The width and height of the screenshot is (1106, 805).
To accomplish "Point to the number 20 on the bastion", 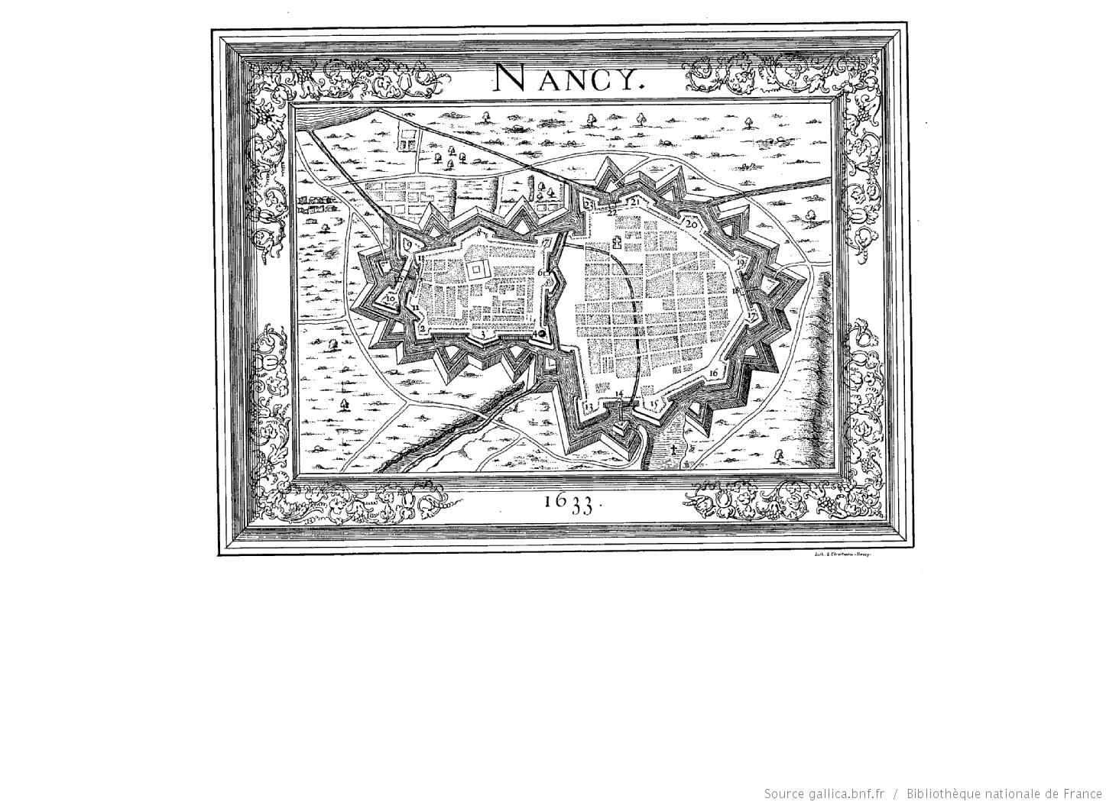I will (x=691, y=225).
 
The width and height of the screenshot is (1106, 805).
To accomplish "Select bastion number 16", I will (x=714, y=373).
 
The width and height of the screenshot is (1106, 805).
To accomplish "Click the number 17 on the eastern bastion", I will (x=752, y=314).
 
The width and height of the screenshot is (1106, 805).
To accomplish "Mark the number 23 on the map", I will (x=589, y=204).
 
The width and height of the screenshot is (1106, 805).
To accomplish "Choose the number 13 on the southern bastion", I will (x=589, y=406).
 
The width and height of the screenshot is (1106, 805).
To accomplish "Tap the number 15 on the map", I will (x=654, y=406).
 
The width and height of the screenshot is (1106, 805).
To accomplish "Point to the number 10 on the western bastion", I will (x=390, y=299).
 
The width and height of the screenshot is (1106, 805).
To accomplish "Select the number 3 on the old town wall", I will (x=482, y=334).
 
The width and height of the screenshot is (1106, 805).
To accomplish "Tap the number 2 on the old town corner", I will (x=421, y=328).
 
